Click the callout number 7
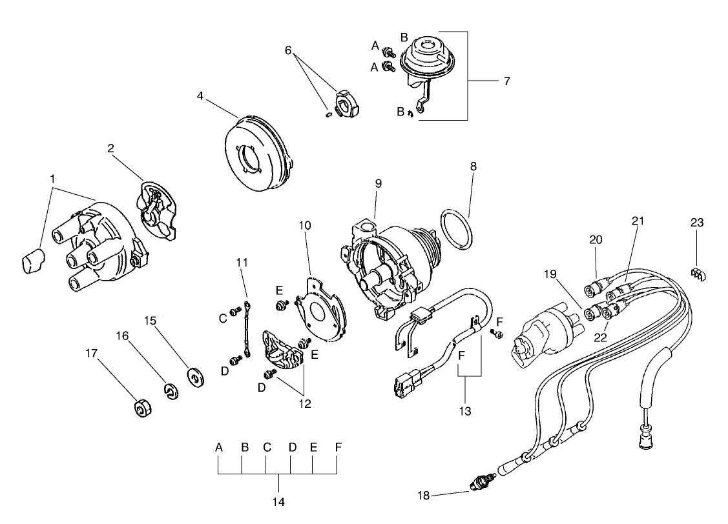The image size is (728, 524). click(506, 81)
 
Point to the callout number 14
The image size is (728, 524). click(279, 501)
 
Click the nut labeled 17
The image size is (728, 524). click(141, 409)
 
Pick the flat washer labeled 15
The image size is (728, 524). click(194, 376)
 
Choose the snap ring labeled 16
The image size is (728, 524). click(171, 392)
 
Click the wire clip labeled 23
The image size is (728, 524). click(698, 274)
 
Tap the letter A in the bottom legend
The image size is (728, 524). click(219, 447)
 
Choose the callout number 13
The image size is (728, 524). click(466, 410)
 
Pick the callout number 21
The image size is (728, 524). click(638, 221)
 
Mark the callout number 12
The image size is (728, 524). click(304, 404)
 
